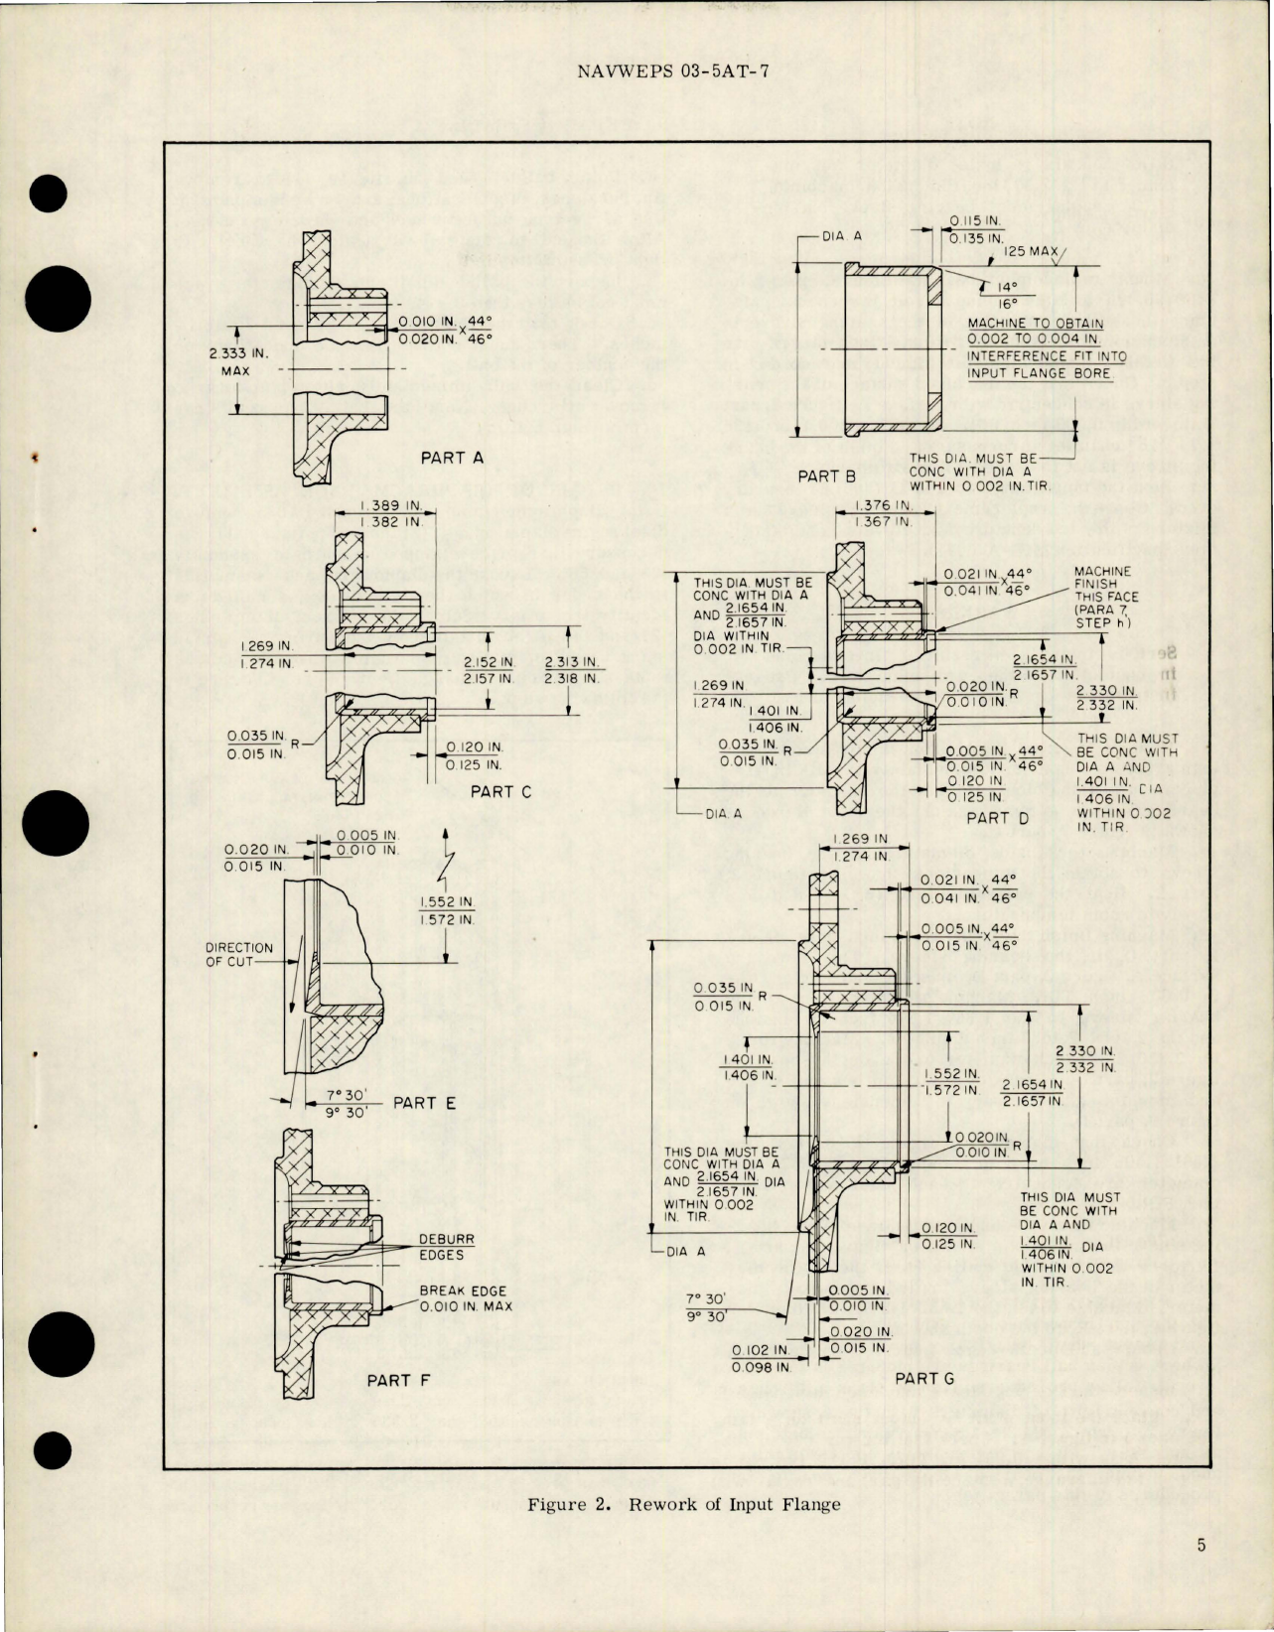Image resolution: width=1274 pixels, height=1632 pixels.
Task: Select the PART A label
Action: click(x=452, y=458)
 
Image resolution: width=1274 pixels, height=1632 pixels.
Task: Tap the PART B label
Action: click(x=826, y=476)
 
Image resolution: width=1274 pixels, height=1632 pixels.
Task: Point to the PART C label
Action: click(x=500, y=791)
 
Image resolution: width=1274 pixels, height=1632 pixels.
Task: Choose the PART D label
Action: click(x=998, y=818)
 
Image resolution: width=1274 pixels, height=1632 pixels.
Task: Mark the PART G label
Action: click(x=923, y=1378)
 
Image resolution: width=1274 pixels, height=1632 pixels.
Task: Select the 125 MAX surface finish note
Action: click(x=1031, y=251)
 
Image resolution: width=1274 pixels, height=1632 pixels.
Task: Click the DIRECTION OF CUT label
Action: click(x=238, y=954)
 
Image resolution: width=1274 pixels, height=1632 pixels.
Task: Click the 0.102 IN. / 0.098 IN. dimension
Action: click(x=761, y=1359)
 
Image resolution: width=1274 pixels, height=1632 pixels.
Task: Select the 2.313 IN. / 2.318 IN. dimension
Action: click(x=572, y=670)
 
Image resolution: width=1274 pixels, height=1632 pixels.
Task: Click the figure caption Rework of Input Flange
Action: click(x=683, y=1504)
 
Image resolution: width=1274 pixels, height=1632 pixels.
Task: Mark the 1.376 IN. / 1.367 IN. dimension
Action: click(x=884, y=513)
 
